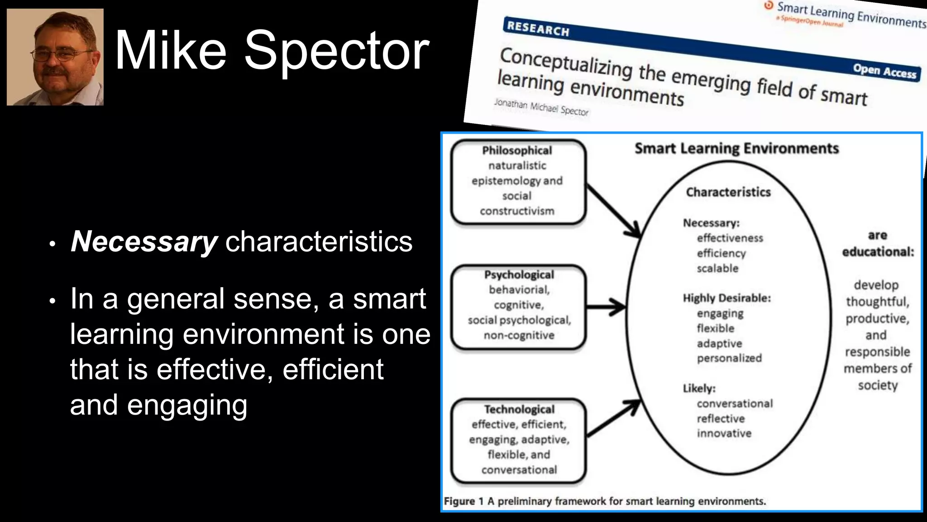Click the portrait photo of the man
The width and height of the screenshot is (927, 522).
click(55, 57)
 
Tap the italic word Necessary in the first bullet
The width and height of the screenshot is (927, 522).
click(144, 242)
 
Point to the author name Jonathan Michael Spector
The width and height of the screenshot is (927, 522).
click(541, 107)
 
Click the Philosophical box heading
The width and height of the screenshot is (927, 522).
click(517, 150)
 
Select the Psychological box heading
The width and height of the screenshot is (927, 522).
click(519, 275)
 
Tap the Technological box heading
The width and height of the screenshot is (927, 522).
click(519, 409)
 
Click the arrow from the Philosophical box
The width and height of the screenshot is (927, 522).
click(613, 211)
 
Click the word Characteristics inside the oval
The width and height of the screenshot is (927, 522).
click(728, 192)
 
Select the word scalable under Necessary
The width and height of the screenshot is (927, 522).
click(717, 268)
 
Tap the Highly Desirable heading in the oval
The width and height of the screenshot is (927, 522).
click(726, 298)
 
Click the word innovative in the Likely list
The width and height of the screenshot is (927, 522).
click(724, 433)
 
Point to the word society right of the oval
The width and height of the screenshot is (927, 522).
click(877, 385)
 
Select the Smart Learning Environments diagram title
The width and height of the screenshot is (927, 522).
click(736, 149)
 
